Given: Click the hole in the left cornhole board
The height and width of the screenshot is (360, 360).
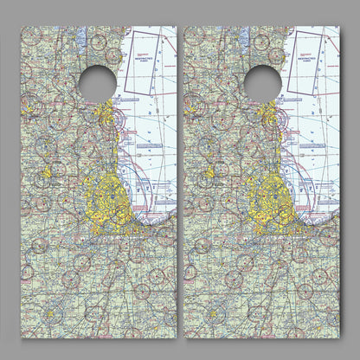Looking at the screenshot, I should (x=97, y=81).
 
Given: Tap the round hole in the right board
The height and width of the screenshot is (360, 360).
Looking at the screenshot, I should (x=262, y=81).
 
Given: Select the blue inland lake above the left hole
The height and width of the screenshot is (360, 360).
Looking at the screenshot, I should (x=81, y=39).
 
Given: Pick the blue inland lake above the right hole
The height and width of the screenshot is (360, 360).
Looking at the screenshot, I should (x=247, y=39).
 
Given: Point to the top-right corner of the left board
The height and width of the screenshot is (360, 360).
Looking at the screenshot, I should (x=175, y=27).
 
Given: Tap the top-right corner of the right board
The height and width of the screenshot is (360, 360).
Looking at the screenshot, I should (x=339, y=27).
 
